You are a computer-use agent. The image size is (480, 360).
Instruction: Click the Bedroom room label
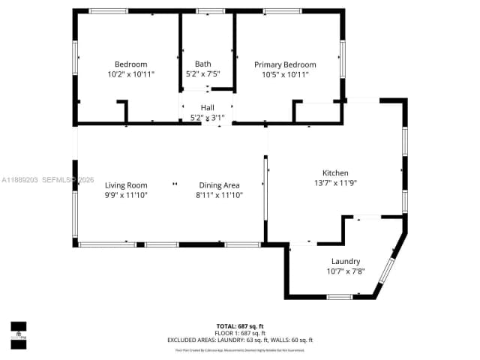pyautogui.click(x=130, y=64)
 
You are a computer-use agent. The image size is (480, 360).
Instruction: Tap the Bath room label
pyautogui.click(x=203, y=64)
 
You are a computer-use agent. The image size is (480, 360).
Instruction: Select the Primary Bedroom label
pyautogui.click(x=285, y=64)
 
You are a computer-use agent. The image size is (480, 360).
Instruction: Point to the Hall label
pyautogui.click(x=207, y=108)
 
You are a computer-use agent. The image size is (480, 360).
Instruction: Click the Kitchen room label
pyautogui.click(x=335, y=172)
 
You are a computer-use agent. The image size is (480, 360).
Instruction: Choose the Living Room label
pyautogui.click(x=126, y=185)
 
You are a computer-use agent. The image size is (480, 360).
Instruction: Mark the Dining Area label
pyautogui.click(x=219, y=185)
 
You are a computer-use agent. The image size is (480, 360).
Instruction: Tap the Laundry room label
pyautogui.click(x=345, y=261)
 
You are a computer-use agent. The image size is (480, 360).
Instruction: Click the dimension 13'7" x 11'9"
pyautogui.click(x=335, y=182)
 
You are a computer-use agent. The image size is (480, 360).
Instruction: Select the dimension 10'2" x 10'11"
pyautogui.click(x=130, y=74)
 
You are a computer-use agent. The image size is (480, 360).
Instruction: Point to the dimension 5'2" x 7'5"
pyautogui.click(x=203, y=74)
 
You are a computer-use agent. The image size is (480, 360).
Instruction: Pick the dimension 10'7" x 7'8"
pyautogui.click(x=345, y=271)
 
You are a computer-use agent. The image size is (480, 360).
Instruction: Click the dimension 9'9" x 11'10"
pyautogui.click(x=126, y=195)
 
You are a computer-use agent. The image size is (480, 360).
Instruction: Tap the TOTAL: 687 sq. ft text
pyautogui.click(x=240, y=326)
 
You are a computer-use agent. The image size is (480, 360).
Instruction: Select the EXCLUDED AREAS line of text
pyautogui.click(x=240, y=340)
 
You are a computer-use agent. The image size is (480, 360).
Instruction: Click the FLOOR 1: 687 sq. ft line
pyautogui.click(x=240, y=333)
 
